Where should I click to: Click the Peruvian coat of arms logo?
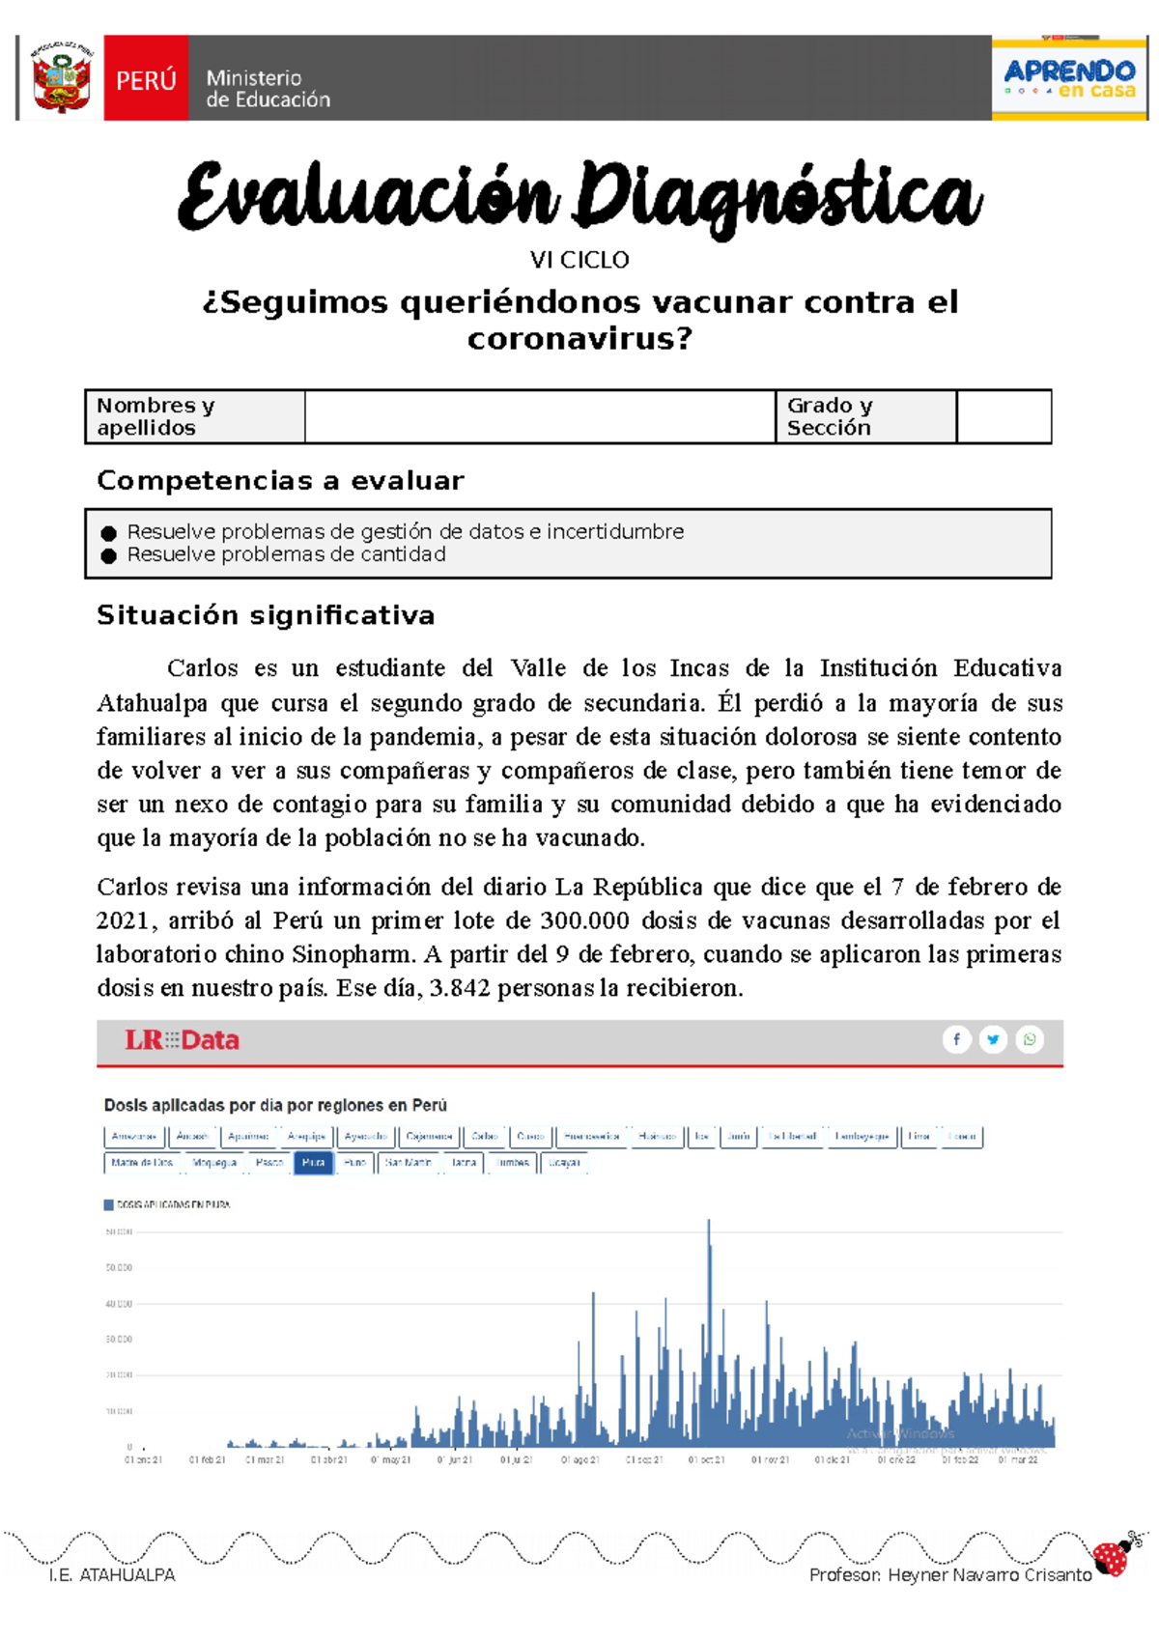(x=61, y=78)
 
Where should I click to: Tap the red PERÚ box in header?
(x=146, y=79)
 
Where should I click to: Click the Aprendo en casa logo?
(x=1069, y=78)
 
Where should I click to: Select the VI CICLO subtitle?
(x=579, y=260)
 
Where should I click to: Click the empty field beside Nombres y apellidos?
(x=539, y=417)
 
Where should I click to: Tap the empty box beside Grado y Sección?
(x=1004, y=417)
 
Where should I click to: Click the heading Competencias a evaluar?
(x=280, y=481)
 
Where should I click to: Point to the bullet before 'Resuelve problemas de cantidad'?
(x=108, y=556)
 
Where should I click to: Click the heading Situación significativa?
(x=266, y=616)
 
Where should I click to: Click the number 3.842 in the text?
(x=460, y=988)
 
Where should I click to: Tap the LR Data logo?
(x=182, y=1040)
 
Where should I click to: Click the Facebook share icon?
(x=956, y=1039)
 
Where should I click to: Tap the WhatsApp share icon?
(x=1030, y=1039)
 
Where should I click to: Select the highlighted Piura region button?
(x=313, y=1163)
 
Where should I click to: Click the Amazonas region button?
(x=133, y=1137)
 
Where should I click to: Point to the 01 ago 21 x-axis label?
(x=579, y=1460)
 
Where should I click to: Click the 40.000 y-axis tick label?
(x=119, y=1304)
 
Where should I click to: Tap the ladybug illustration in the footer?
(x=1114, y=1555)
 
